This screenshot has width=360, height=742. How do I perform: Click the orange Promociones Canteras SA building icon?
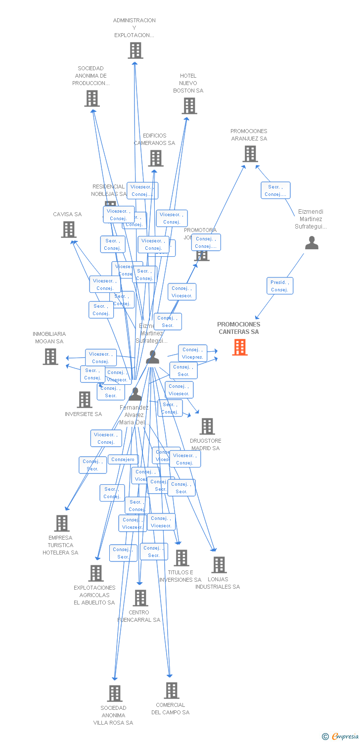coord(240,347)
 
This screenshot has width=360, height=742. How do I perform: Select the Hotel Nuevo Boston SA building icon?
coord(189,106)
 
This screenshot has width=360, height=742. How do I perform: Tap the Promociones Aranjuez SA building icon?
coord(250,154)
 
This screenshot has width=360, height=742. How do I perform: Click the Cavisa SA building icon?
coord(69,229)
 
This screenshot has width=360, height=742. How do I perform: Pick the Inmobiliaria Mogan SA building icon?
coord(50,357)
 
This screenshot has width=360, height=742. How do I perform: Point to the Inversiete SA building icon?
coord(85,400)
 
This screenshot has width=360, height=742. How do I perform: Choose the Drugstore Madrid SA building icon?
coord(207,426)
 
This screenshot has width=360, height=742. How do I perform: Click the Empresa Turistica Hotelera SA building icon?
coord(62,523)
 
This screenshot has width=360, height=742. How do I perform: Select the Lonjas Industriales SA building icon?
coord(219,564)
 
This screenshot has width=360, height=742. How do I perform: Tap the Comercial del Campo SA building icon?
coord(172,690)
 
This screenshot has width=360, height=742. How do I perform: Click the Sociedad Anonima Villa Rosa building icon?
coord(115,693)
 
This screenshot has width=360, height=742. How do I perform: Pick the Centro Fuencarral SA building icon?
coord(140,598)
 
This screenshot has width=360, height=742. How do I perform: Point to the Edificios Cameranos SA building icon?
coord(156,158)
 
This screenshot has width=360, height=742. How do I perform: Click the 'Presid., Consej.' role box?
coord(279,286)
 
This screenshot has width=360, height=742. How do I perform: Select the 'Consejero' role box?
coord(123,460)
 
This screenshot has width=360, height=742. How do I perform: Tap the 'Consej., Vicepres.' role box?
coord(192,353)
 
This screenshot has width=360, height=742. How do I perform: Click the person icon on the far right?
coord(312,243)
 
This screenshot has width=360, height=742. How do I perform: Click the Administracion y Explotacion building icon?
coord(135,50)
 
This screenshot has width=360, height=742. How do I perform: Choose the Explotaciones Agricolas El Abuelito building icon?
coord(96,573)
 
